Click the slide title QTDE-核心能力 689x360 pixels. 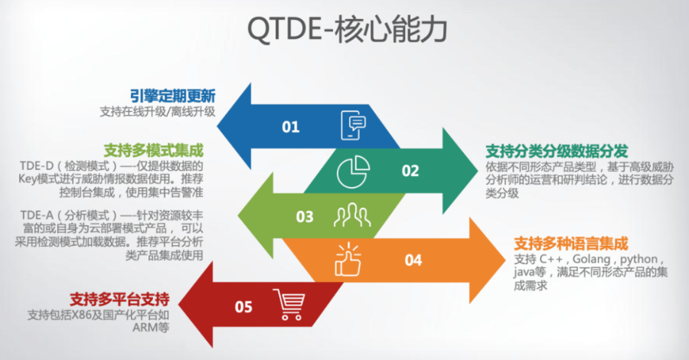(347, 29)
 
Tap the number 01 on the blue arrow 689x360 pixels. (290, 127)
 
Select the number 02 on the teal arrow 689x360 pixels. (410, 171)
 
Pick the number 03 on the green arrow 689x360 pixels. (305, 217)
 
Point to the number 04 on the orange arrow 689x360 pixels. (413, 260)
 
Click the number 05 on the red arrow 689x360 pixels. (243, 307)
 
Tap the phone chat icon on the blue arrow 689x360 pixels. (353, 126)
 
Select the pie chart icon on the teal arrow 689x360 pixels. (353, 172)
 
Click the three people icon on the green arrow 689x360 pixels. (352, 214)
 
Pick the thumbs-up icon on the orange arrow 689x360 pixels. (348, 260)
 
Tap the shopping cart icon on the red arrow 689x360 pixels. (289, 304)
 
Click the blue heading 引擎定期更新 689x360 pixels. (173, 96)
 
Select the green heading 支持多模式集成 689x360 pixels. (153, 151)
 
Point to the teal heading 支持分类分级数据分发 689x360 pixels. (557, 151)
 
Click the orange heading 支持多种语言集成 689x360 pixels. (571, 244)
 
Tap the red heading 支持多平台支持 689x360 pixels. (119, 299)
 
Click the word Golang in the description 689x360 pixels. (592, 259)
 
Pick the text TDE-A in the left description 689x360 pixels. (37, 215)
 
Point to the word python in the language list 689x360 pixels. (639, 260)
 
